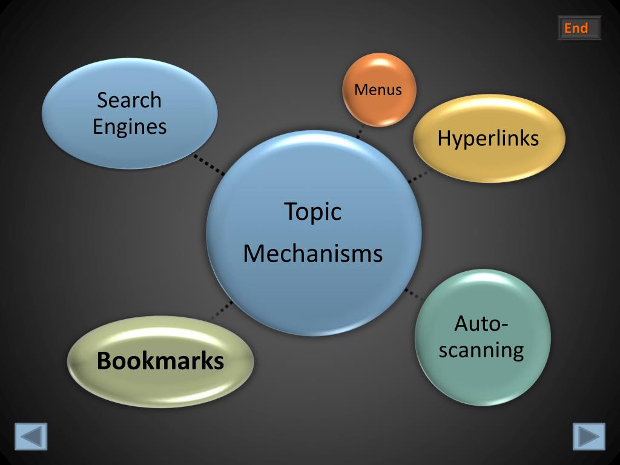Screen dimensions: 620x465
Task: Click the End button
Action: (x=579, y=28)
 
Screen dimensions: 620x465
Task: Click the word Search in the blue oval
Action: (x=129, y=99)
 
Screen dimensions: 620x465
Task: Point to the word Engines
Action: (x=129, y=127)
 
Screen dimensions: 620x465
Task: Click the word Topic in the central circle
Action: (x=313, y=211)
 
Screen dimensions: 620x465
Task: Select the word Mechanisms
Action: (x=313, y=253)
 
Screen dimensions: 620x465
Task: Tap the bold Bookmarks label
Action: (x=160, y=361)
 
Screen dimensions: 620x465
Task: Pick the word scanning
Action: (x=481, y=350)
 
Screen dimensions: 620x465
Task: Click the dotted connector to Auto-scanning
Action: (x=413, y=294)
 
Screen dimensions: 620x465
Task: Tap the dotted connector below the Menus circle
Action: (x=360, y=132)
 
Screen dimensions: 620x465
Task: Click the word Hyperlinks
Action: (x=488, y=138)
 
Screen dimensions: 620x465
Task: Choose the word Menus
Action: (x=378, y=90)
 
